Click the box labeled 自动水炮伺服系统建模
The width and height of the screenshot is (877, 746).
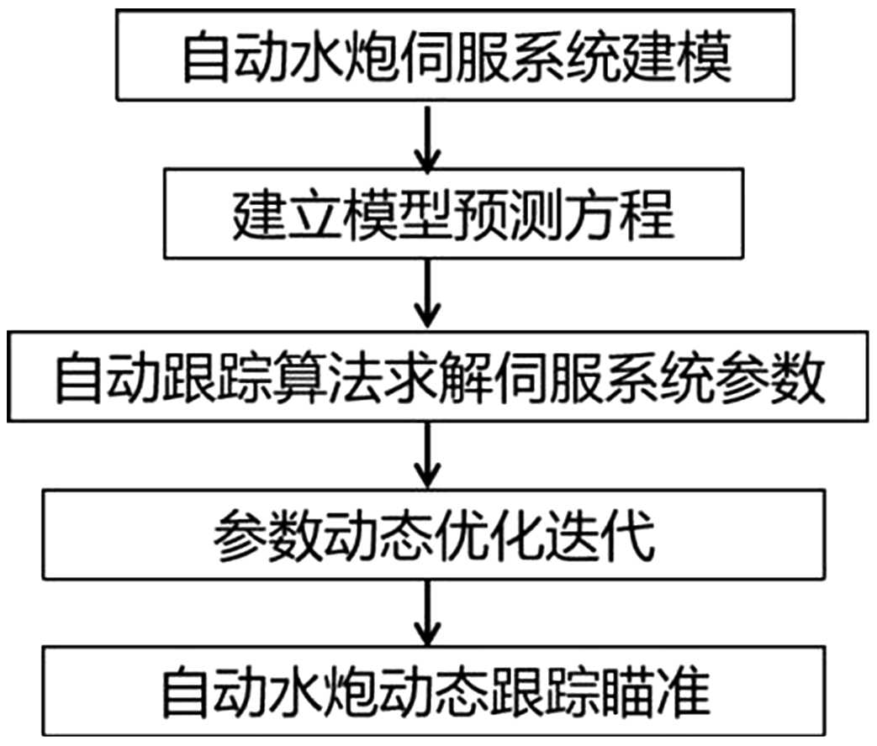(x=455, y=58)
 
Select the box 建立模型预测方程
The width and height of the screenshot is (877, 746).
(x=455, y=213)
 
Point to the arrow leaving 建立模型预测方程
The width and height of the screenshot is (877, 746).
(x=430, y=294)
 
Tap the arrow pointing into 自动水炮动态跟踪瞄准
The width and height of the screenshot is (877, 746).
(x=430, y=612)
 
